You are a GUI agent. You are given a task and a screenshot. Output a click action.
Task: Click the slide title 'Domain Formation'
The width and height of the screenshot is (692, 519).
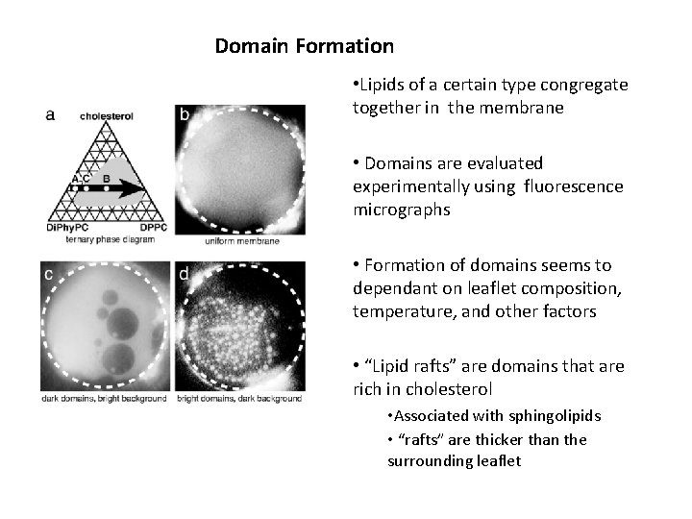304,46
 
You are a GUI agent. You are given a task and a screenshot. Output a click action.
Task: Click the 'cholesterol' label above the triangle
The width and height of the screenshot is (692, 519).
107,116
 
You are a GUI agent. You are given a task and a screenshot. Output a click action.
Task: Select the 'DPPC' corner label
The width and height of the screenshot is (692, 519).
151,227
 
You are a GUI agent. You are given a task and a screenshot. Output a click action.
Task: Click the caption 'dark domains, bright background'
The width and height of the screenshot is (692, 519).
104,398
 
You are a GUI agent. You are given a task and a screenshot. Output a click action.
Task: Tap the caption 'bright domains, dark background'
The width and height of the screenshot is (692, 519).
240,398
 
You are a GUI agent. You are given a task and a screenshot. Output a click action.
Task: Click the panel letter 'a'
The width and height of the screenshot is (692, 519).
51,114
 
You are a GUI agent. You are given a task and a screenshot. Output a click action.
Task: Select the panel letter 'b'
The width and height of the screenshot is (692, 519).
184,115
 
